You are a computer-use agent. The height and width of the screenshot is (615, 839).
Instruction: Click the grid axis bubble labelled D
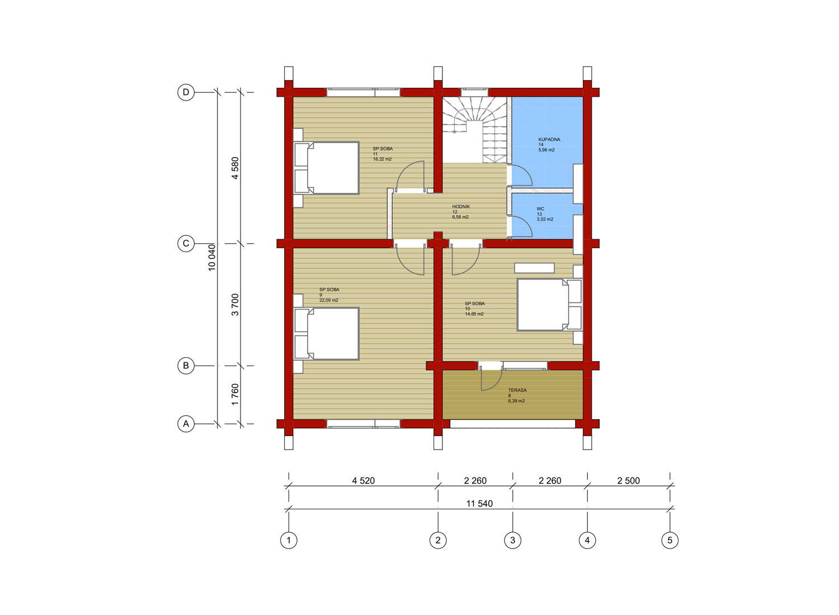[x=186, y=92]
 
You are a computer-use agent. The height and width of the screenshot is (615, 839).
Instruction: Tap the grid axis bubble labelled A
[x=186, y=424]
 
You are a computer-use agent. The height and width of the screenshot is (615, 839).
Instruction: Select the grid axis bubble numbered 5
[x=670, y=540]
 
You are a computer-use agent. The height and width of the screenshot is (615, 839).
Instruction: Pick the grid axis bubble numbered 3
[x=512, y=540]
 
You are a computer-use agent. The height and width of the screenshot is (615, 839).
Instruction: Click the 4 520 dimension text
[x=363, y=481]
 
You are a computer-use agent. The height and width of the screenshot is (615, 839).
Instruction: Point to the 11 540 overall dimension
[x=479, y=503]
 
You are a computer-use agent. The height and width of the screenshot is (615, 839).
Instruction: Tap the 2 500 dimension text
[x=628, y=481]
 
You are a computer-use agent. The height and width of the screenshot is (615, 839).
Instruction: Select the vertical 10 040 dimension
[x=211, y=257]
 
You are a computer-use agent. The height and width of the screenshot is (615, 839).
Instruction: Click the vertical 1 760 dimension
[x=235, y=394]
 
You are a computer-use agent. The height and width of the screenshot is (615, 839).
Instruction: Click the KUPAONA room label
[x=549, y=140]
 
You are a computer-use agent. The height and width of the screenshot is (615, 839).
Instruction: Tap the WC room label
[x=540, y=209]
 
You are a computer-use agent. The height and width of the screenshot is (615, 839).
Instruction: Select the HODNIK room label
[x=461, y=207]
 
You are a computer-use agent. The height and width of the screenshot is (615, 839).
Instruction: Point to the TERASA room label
[x=517, y=390]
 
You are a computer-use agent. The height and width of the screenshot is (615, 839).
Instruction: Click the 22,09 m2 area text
[x=328, y=300]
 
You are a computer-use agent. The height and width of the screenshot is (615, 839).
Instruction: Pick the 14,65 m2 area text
[x=474, y=314]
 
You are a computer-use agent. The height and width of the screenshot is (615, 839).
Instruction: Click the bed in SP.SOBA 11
[x=326, y=168]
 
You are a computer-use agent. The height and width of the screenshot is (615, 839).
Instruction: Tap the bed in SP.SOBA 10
[x=549, y=305]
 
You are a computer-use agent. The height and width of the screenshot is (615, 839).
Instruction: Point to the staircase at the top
[x=474, y=130]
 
